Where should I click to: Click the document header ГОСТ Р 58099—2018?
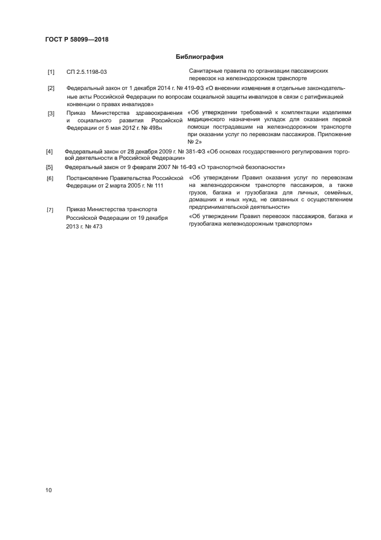[x=77, y=40]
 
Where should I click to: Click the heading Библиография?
[x=199, y=57]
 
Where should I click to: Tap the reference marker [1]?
[x=51, y=72]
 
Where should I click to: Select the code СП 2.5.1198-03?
[x=87, y=72]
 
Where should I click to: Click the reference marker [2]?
[x=51, y=88]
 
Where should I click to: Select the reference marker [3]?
[x=51, y=114]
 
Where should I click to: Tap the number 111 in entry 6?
[x=159, y=185]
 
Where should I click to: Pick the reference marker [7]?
[x=50, y=209]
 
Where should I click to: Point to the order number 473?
[x=95, y=227]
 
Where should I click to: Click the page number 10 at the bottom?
[x=49, y=490]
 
